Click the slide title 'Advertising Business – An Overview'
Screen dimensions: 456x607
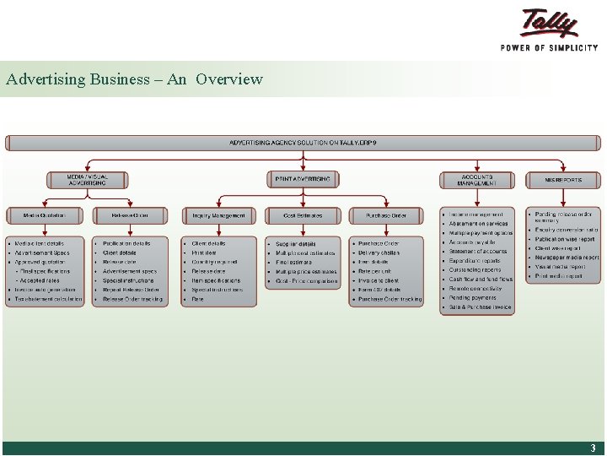point(134,79)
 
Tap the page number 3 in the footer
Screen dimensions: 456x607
point(593,448)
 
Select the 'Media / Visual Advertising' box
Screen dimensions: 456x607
point(88,180)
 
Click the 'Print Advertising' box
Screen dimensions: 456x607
point(303,179)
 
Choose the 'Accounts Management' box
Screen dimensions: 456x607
point(477,180)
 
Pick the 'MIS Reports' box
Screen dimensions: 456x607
point(563,179)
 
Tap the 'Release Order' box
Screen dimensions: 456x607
point(130,215)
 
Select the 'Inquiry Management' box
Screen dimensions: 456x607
point(218,215)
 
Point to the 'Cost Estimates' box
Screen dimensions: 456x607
point(303,215)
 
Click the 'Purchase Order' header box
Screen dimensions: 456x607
point(387,215)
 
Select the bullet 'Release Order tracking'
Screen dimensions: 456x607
point(133,299)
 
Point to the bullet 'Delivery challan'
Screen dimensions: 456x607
point(379,252)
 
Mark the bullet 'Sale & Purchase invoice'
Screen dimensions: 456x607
point(481,307)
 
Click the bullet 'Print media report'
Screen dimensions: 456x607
point(559,276)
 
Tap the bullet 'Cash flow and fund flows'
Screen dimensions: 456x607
point(481,279)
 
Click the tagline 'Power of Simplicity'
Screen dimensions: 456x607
point(549,48)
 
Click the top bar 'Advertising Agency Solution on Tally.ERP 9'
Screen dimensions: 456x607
point(303,143)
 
